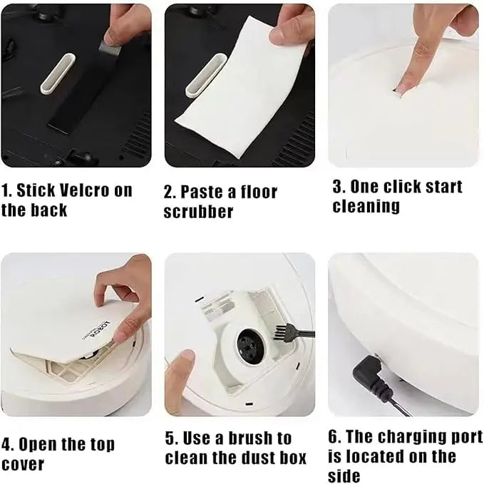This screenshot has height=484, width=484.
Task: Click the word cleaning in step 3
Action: (366, 207)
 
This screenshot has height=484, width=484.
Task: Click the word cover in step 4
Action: (23, 465)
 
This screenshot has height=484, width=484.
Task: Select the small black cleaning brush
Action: (285, 330)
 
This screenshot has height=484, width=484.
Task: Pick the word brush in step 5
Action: (244, 438)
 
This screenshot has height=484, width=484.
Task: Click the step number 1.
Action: (6, 190)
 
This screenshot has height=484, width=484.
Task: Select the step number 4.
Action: (6, 445)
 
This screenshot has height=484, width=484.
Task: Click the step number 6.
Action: (334, 436)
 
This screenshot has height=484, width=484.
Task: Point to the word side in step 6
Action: (344, 475)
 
